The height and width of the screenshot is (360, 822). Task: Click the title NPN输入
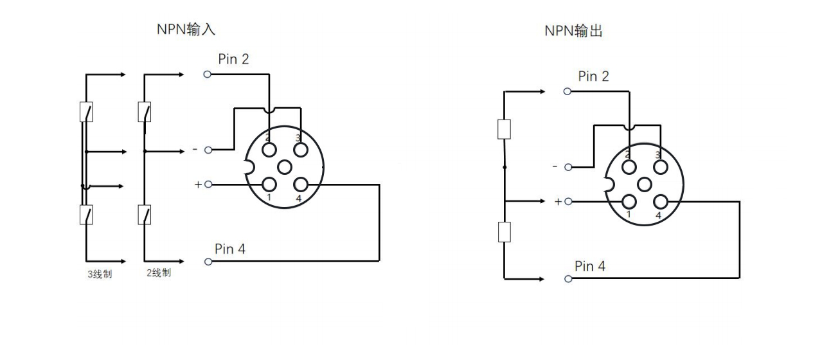[186, 29]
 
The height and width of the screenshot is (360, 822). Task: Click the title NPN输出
[574, 31]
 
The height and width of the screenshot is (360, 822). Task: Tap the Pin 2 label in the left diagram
[233, 59]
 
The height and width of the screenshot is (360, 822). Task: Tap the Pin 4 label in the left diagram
[230, 249]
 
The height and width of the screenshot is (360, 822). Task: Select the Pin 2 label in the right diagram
[593, 76]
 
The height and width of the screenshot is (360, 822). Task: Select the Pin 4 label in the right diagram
[590, 266]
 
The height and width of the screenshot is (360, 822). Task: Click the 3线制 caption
[100, 273]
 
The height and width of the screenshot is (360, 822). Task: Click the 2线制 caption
[158, 273]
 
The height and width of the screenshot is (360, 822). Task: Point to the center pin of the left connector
[285, 167]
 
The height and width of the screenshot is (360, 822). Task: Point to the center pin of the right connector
[645, 184]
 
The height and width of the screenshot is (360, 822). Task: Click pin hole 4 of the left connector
[300, 184]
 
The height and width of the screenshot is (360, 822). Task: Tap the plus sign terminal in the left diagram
[208, 185]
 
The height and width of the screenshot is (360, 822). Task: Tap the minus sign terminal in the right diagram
[567, 167]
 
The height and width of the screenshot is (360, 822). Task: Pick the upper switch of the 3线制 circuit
[85, 112]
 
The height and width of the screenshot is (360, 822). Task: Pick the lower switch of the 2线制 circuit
[145, 213]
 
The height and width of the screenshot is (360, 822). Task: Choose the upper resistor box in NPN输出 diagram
[505, 129]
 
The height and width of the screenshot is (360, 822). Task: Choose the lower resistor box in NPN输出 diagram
[505, 231]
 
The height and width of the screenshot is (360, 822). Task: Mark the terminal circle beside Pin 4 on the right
[567, 279]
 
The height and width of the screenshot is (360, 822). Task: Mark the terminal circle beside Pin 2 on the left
[207, 75]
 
